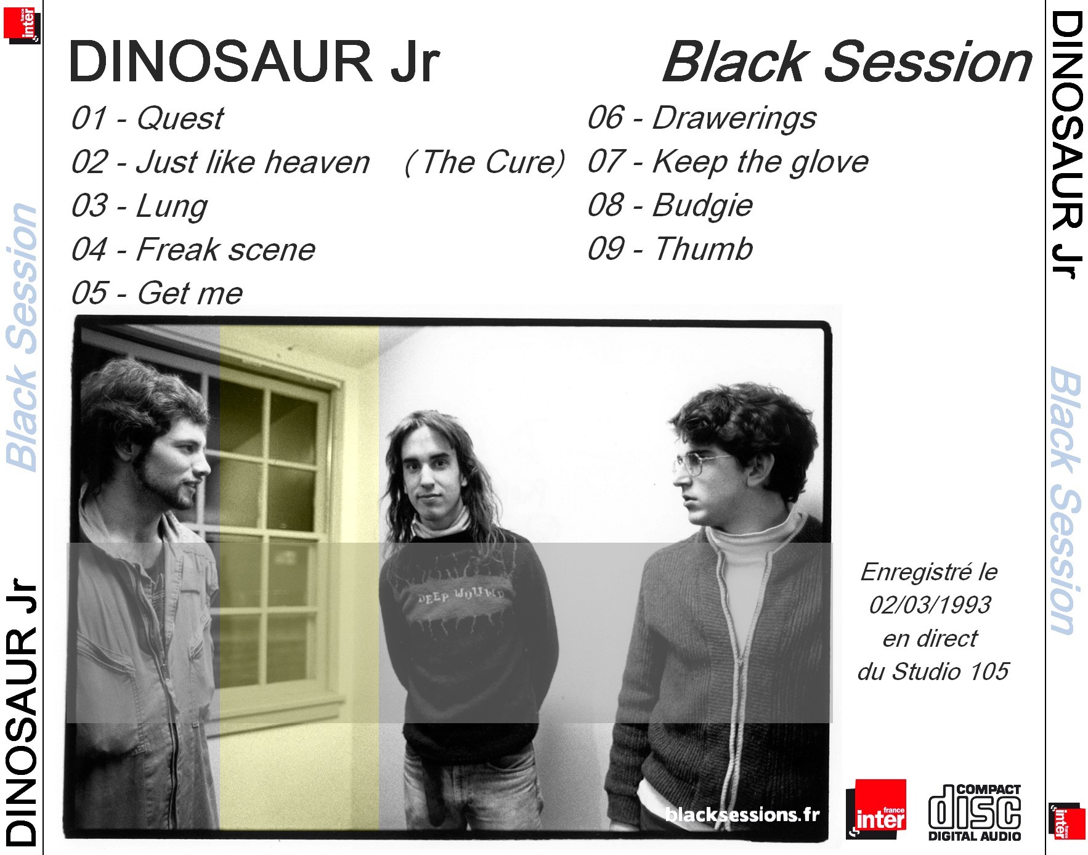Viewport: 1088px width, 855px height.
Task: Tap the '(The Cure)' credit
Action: [x=484, y=163]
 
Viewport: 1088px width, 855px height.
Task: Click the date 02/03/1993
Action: [x=930, y=605]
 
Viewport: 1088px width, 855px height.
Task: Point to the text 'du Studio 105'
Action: [x=933, y=671]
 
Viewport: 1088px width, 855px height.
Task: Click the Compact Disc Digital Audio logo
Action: [x=975, y=812]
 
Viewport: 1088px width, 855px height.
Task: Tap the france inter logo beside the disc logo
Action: [x=876, y=809]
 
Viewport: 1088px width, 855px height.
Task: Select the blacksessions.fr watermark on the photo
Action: [x=742, y=814]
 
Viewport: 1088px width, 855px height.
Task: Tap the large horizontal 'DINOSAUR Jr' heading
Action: [x=254, y=62]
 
